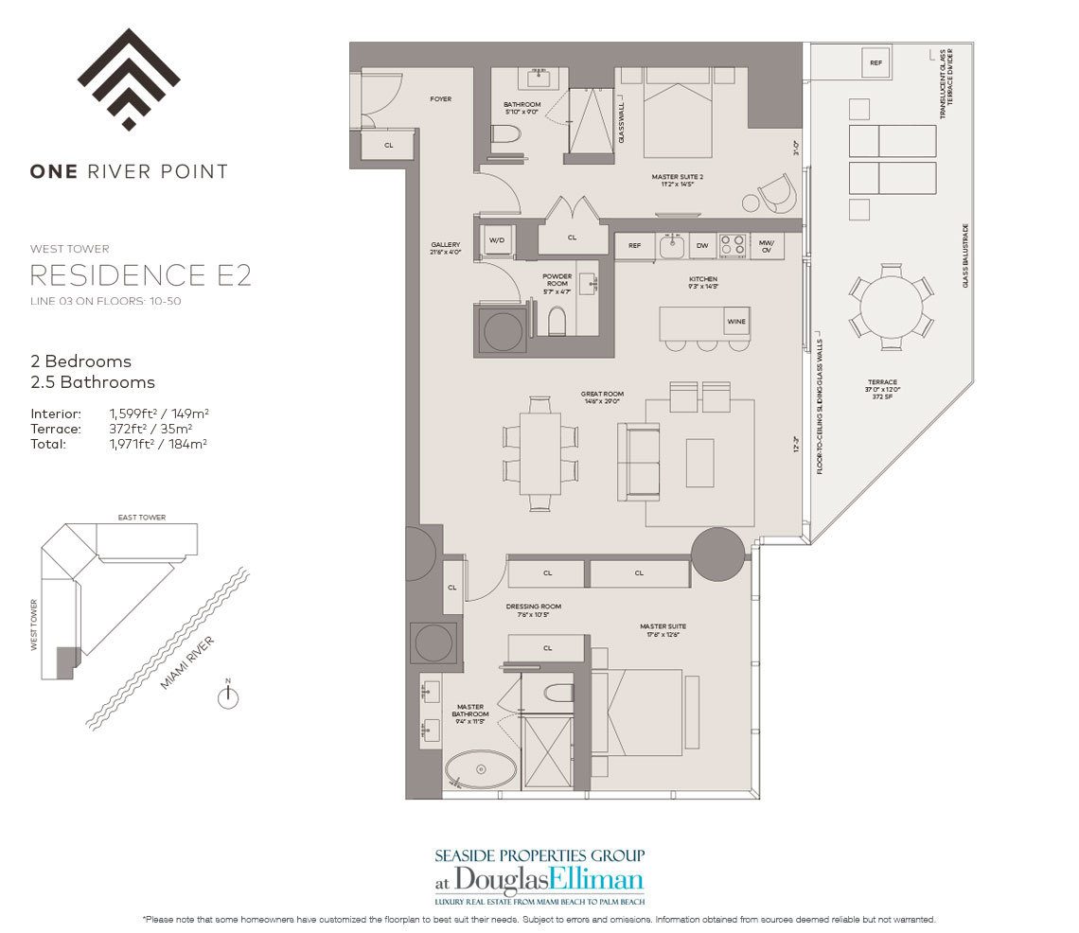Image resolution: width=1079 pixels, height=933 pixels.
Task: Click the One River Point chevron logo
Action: (129, 79)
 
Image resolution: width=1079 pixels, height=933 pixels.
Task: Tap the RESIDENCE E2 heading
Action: (140, 275)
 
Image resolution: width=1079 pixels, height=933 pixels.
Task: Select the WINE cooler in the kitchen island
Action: (736, 322)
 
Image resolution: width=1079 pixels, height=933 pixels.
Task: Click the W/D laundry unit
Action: (497, 240)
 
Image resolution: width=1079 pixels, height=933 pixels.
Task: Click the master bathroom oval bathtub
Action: (481, 769)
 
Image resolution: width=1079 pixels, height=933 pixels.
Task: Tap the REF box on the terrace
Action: (876, 63)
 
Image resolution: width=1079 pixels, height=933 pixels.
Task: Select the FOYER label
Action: (440, 99)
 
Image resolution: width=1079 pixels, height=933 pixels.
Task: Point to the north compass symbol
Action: (228, 697)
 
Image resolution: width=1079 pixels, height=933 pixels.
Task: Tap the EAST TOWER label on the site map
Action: (142, 518)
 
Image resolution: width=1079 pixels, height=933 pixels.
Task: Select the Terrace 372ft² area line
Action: (119, 429)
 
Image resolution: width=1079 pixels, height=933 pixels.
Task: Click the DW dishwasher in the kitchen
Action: (702, 245)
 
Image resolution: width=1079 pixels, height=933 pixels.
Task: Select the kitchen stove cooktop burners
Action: (732, 244)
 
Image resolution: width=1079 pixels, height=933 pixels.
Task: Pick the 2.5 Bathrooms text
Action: (93, 382)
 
